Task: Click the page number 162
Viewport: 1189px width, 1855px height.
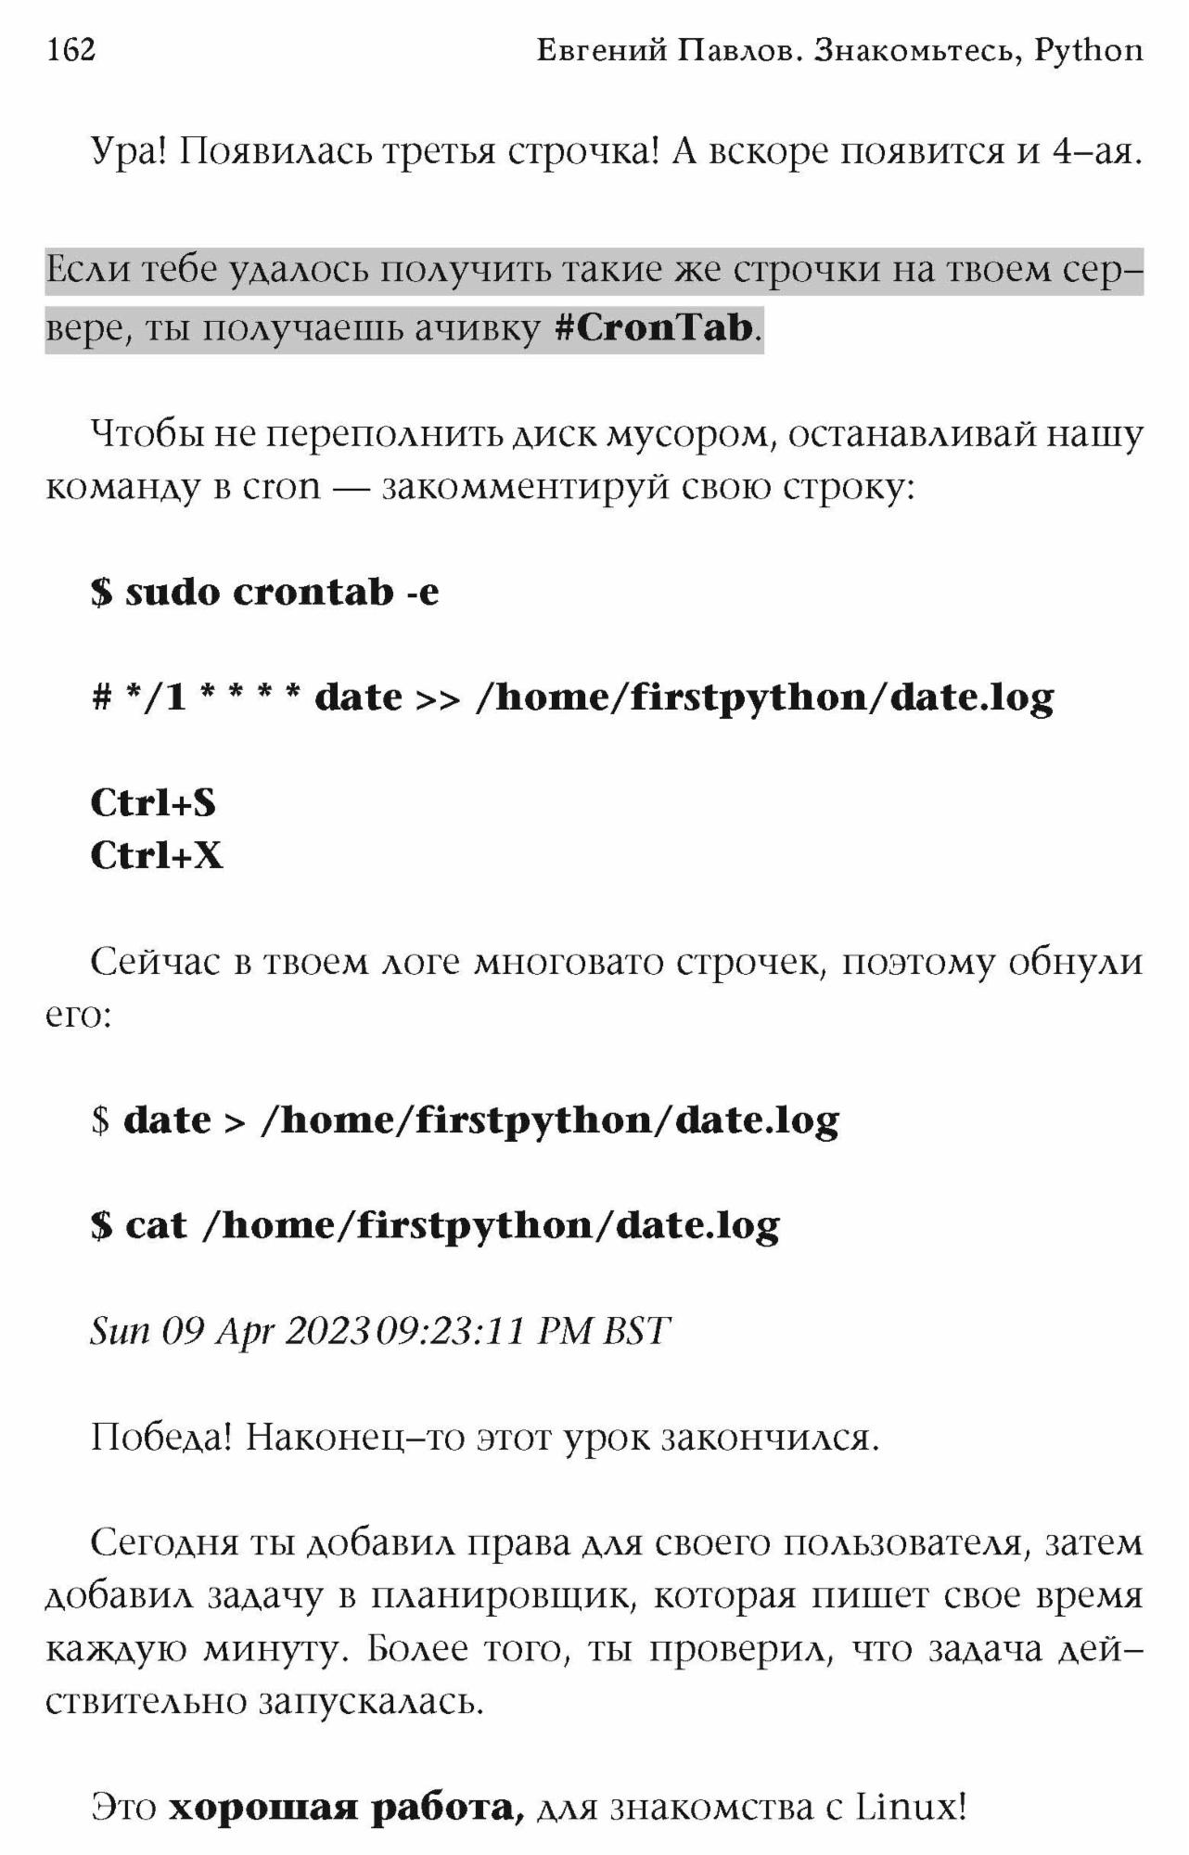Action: tap(70, 49)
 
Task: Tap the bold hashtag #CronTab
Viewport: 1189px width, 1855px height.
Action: tap(653, 328)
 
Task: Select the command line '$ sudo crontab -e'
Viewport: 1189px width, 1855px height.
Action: tap(264, 593)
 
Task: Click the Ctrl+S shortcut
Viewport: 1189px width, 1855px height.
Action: tap(153, 803)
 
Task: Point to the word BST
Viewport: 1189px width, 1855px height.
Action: tap(635, 1332)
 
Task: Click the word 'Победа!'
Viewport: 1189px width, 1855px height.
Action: tap(161, 1439)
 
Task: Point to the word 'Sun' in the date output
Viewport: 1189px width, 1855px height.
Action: tap(120, 1332)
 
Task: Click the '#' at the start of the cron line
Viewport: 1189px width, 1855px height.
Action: tap(101, 698)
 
